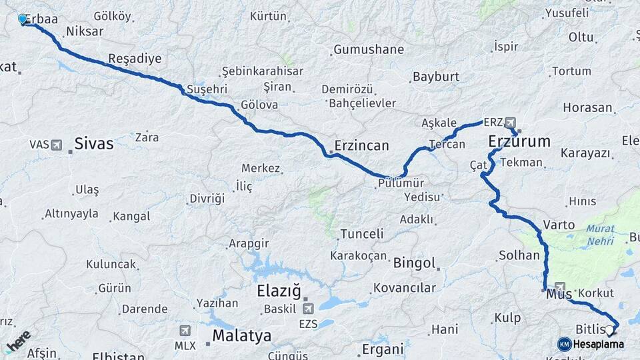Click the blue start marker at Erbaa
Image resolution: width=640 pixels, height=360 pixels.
click(x=23, y=19)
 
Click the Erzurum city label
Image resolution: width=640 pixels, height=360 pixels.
click(x=519, y=141)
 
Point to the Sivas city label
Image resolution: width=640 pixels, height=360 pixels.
click(x=94, y=143)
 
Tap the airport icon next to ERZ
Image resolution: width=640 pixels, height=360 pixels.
click(x=511, y=123)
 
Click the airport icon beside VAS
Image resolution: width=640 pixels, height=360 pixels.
click(x=55, y=145)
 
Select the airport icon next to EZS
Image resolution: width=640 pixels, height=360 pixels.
click(x=308, y=309)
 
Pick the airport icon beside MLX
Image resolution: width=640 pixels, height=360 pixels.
click(x=185, y=330)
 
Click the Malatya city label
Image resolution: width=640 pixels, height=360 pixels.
click(x=242, y=335)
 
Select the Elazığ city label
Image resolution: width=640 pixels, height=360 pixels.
click(x=279, y=291)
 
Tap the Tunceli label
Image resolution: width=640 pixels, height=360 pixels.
click(x=361, y=234)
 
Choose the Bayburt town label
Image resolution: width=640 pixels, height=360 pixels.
click(x=436, y=77)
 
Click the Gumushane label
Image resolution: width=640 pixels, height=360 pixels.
click(x=369, y=49)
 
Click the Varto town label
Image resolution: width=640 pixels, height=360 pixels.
click(x=559, y=225)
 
